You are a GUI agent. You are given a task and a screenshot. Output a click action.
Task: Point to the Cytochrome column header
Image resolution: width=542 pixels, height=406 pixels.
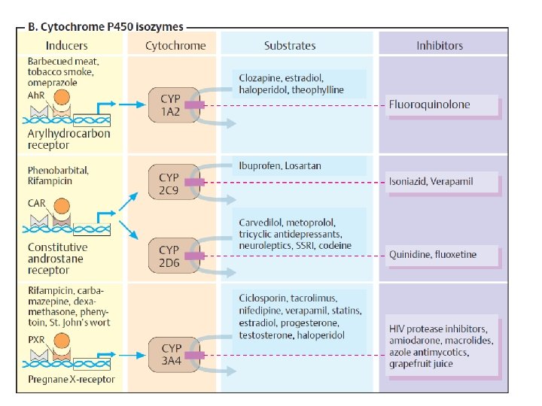pyautogui.click(x=175, y=46)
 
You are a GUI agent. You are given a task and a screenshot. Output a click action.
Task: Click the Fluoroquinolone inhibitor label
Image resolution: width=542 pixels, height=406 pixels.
pyautogui.click(x=429, y=105)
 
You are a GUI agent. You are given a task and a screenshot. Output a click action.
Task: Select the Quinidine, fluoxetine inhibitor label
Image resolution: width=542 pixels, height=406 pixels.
pyautogui.click(x=432, y=254)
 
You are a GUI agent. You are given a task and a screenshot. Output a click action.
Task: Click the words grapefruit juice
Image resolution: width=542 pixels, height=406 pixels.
pyautogui.click(x=421, y=364)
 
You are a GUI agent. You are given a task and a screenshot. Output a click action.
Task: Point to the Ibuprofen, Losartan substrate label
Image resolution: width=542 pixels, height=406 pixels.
pyautogui.click(x=278, y=165)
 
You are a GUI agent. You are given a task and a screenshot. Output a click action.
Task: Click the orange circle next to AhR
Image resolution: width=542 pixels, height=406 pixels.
pyautogui.click(x=62, y=98)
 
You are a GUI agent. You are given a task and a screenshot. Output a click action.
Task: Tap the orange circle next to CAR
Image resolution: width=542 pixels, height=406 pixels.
pyautogui.click(x=62, y=205)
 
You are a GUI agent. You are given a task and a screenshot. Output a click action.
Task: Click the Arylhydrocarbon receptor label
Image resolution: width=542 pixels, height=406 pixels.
pyautogui.click(x=69, y=139)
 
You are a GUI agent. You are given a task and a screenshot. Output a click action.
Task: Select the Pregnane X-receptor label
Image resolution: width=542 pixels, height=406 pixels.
pyautogui.click(x=72, y=379)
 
